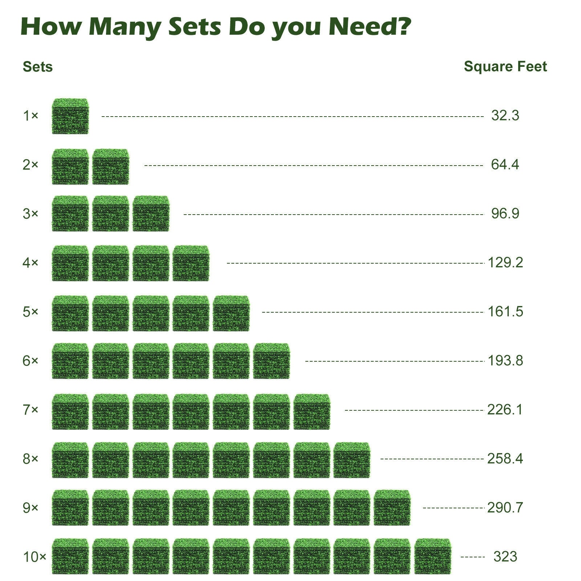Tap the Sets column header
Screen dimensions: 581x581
tap(37, 67)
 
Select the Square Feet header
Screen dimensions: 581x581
tap(505, 66)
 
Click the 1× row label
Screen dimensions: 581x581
tap(31, 116)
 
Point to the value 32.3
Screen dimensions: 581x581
tap(505, 115)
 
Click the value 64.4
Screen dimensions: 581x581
tap(505, 164)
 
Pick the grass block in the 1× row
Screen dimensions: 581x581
tap(70, 116)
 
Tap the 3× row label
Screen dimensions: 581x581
tap(31, 214)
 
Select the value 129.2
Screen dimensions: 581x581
tap(505, 262)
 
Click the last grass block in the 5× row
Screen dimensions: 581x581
tap(231, 313)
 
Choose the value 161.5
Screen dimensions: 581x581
tap(505, 312)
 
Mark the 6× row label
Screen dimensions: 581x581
tap(31, 361)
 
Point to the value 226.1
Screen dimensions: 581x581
tap(505, 410)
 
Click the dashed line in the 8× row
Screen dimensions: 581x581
tap(432, 459)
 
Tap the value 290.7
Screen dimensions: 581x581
tap(505, 508)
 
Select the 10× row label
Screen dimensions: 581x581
tap(34, 557)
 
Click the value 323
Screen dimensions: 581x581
tap(505, 556)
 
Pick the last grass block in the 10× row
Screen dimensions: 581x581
tap(432, 556)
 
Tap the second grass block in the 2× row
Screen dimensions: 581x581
tap(110, 166)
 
